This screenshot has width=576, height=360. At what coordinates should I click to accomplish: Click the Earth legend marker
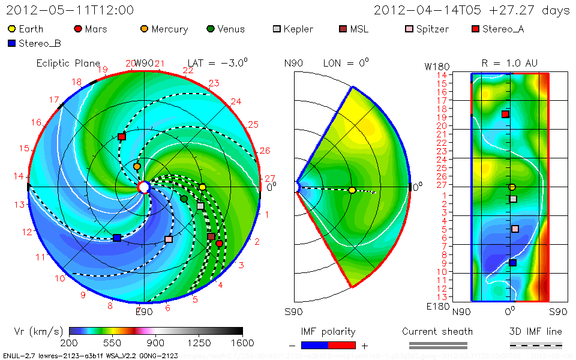point(11,29)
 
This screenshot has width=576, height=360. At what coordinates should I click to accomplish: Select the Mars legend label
point(96,29)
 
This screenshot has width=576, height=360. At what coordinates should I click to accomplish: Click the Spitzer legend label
point(432,29)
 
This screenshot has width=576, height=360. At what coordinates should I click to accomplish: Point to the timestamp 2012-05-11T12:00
point(70,10)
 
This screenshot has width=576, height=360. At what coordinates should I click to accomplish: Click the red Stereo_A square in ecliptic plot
point(122,137)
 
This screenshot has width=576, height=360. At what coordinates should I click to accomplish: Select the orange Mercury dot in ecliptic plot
point(137,166)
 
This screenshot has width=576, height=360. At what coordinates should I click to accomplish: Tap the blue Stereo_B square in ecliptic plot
point(117,238)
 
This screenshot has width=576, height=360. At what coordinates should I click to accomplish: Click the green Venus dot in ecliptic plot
point(184,199)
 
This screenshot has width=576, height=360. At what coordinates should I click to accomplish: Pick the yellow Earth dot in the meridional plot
point(352,190)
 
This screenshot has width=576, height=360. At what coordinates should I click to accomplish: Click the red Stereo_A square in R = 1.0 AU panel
point(505,114)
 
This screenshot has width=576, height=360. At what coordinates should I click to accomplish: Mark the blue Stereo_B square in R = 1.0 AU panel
point(512,262)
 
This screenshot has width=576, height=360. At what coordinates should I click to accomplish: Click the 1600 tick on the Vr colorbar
point(242,343)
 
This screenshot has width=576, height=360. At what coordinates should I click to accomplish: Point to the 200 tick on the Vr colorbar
point(70,343)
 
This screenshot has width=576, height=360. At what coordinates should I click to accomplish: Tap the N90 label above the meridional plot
point(293,63)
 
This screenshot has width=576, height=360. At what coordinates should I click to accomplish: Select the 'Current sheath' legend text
point(437,331)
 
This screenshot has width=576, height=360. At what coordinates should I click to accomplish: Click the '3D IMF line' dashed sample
point(536,345)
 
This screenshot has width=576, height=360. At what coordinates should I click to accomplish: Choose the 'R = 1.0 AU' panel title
point(509,63)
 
